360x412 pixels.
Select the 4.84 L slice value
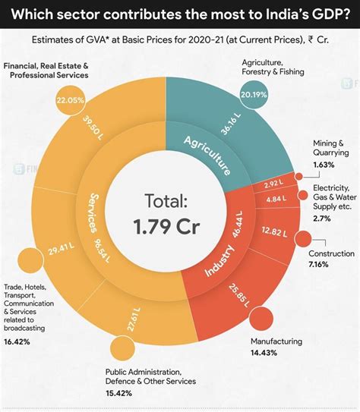pos(276,200)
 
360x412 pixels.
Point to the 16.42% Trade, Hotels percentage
pos(17,342)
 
